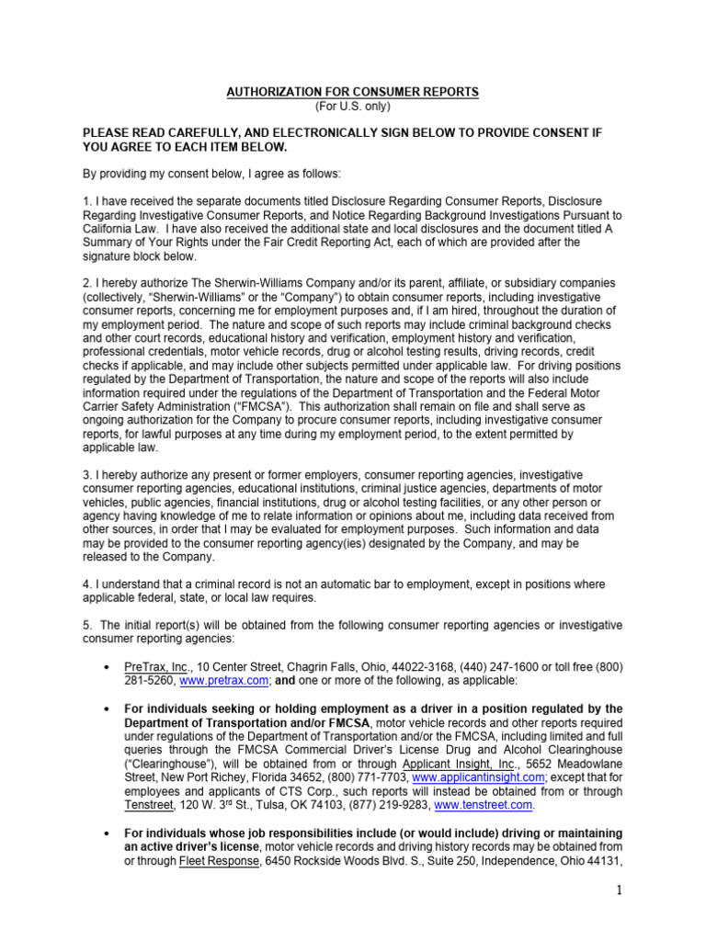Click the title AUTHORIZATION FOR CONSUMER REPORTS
click(x=353, y=93)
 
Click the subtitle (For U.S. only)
click(x=353, y=107)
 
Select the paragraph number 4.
click(x=86, y=584)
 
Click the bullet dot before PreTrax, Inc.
click(x=108, y=666)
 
